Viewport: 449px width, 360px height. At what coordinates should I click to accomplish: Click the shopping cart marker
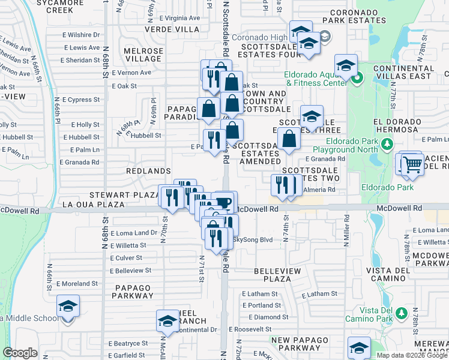(x=412, y=164)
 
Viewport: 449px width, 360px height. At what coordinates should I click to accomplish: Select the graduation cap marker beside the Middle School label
(x=68, y=307)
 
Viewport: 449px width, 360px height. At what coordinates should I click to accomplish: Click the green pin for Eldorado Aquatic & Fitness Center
(x=356, y=77)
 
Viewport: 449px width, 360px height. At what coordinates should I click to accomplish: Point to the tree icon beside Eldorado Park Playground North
(x=387, y=145)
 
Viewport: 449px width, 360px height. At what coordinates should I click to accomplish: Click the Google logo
(x=20, y=353)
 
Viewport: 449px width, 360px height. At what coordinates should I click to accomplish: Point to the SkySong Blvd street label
(x=252, y=240)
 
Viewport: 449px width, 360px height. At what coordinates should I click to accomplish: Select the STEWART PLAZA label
(x=124, y=195)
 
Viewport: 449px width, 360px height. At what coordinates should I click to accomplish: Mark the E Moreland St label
(x=77, y=283)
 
